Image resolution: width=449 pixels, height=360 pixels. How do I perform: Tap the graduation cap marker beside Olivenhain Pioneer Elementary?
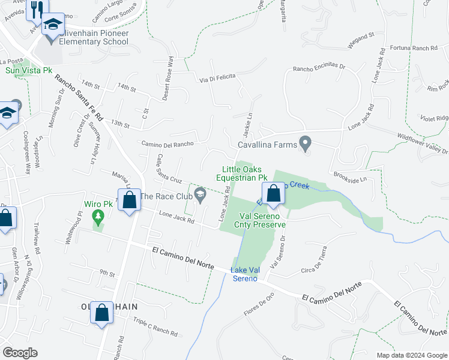pos(53,25)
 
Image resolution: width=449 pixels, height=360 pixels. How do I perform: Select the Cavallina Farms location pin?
pos(306,144)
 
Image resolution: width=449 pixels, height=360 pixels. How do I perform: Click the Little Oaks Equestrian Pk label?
pos(245,174)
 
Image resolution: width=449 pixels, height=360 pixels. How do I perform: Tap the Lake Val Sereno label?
pos(245,274)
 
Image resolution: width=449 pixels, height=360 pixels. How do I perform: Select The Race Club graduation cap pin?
pos(200,194)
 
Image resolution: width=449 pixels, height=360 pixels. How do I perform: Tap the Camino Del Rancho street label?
pos(167,144)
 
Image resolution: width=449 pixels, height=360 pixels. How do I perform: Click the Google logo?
pos(20,353)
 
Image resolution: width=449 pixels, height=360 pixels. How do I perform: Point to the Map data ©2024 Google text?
pos(412,355)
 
